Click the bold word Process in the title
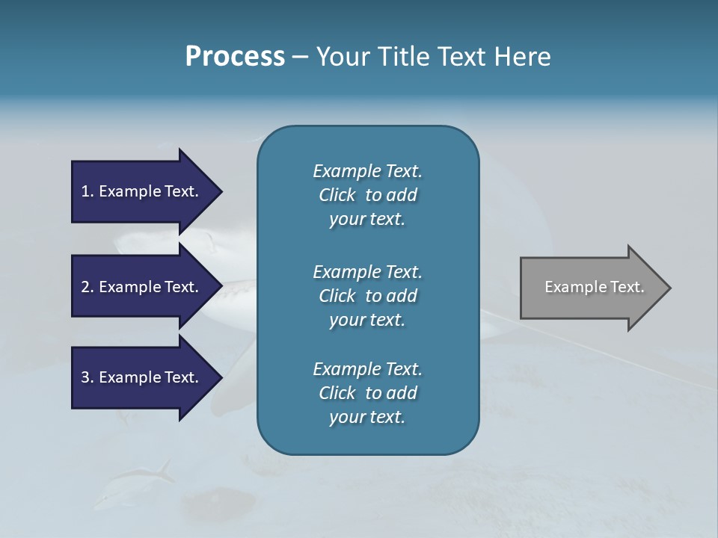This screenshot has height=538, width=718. tap(235, 57)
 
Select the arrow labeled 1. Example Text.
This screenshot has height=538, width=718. tap(140, 191)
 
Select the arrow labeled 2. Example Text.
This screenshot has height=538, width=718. tap(140, 287)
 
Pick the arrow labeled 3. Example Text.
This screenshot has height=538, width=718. tap(140, 377)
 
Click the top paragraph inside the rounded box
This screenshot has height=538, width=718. tap(367, 195)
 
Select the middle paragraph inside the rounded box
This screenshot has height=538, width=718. tap(367, 296)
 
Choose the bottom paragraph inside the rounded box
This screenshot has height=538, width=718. tap(367, 393)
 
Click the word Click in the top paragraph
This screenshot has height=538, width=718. tap(337, 195)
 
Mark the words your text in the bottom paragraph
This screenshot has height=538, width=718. tap(367, 417)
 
